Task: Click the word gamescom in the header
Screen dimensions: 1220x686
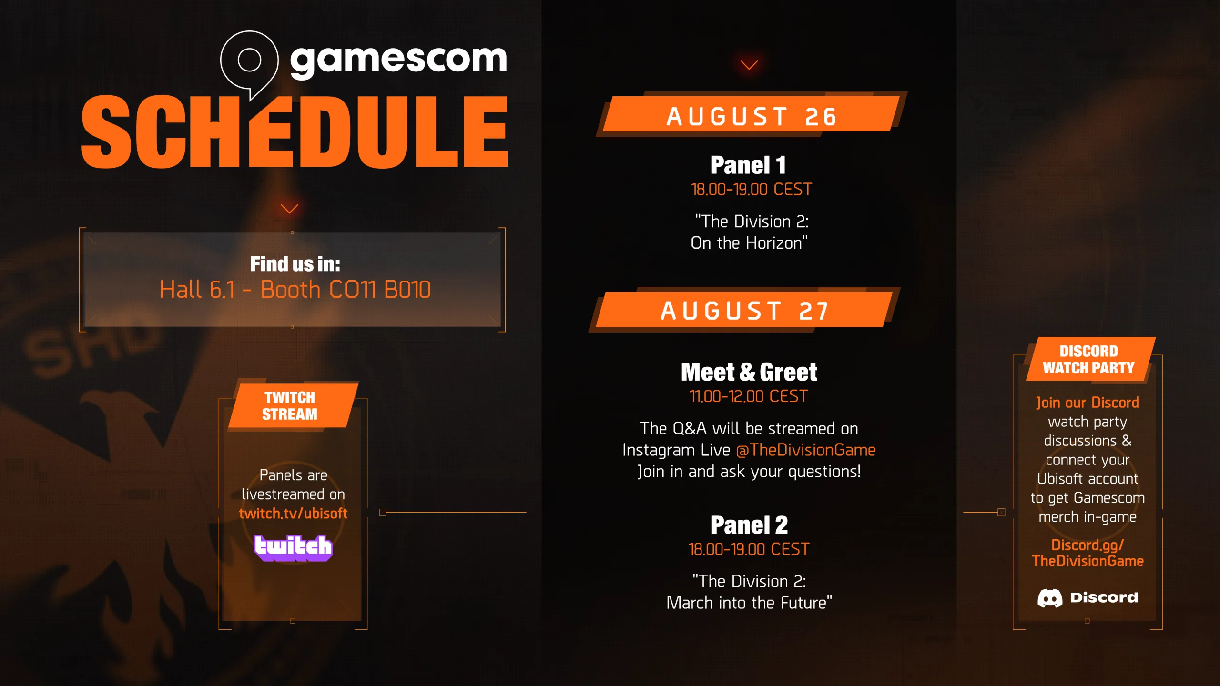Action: (x=398, y=61)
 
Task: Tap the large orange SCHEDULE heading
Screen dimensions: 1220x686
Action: (x=295, y=131)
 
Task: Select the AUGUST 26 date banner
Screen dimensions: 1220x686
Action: (x=751, y=114)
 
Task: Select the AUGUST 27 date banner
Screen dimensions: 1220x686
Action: (x=744, y=310)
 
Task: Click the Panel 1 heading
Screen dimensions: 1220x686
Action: (x=748, y=165)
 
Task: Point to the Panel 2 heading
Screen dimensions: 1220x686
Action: (x=749, y=525)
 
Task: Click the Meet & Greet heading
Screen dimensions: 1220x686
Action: (x=749, y=372)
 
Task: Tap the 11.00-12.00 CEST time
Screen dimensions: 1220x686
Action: (x=749, y=396)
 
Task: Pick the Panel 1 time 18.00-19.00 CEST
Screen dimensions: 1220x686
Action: (x=751, y=190)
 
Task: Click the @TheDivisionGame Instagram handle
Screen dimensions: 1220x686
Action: (x=806, y=450)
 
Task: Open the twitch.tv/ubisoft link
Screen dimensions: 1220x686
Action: (x=293, y=514)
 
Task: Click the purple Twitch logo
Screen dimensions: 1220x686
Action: (x=293, y=548)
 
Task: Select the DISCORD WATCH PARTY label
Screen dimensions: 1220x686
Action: (x=1089, y=359)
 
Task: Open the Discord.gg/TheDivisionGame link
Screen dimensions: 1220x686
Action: (x=1088, y=553)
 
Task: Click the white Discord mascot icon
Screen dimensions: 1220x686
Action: (x=1050, y=598)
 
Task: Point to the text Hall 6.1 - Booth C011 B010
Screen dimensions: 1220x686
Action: (x=295, y=290)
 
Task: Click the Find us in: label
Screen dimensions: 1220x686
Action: (x=295, y=264)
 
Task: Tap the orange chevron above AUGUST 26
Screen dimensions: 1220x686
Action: (x=749, y=65)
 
